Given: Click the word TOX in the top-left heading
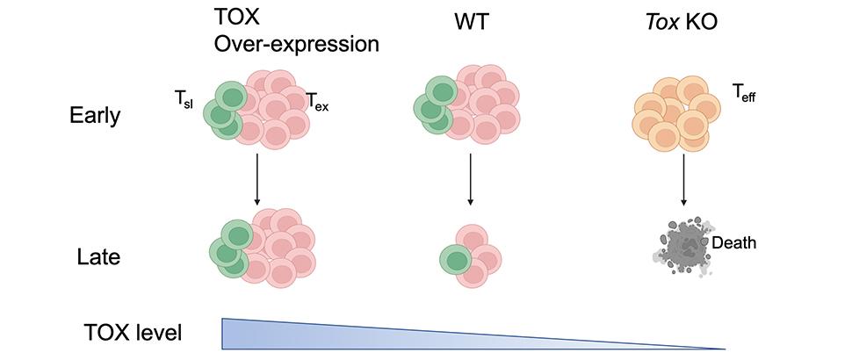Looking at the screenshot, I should tap(234, 18).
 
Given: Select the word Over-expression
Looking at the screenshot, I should tap(297, 44).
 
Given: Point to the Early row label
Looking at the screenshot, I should tap(94, 117).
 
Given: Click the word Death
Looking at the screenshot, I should tap(734, 242).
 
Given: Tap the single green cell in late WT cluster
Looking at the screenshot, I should tap(455, 260).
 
